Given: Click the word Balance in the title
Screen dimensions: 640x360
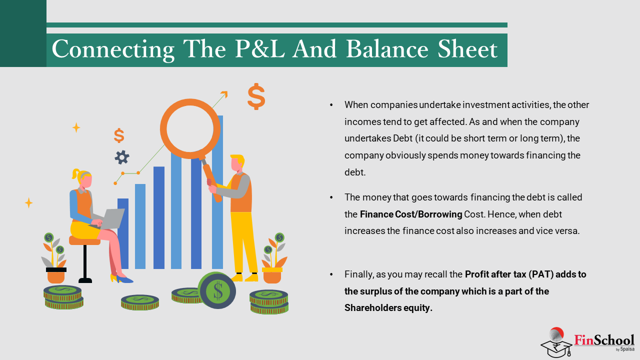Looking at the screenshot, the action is pyautogui.click(x=387, y=49).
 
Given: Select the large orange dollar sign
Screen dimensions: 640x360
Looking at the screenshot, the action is pyautogui.click(x=256, y=96).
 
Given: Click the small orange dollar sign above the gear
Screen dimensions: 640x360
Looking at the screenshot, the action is pyautogui.click(x=119, y=135).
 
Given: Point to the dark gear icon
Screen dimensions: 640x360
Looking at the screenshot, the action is pyautogui.click(x=122, y=157).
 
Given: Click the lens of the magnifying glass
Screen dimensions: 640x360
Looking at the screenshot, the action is pyautogui.click(x=190, y=128).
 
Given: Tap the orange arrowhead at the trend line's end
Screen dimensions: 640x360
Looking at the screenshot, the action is pyautogui.click(x=224, y=94).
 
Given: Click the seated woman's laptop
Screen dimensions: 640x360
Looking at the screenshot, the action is pyautogui.click(x=110, y=218).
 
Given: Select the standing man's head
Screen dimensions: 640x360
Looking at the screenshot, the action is pyautogui.click(x=237, y=163).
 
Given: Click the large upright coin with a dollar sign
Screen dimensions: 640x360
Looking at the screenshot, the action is pyautogui.click(x=217, y=290).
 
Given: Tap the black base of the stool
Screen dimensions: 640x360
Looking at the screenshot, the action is pyautogui.click(x=85, y=280).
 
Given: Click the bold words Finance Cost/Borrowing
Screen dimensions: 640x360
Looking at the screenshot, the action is pyautogui.click(x=411, y=214).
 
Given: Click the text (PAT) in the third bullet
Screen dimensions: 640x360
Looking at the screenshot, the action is pyautogui.click(x=541, y=274).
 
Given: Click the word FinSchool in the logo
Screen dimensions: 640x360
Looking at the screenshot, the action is pyautogui.click(x=604, y=340).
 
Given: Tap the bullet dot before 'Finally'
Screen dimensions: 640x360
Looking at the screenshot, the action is pyautogui.click(x=331, y=274).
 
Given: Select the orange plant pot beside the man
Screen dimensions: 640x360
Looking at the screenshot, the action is pyautogui.click(x=272, y=275).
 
